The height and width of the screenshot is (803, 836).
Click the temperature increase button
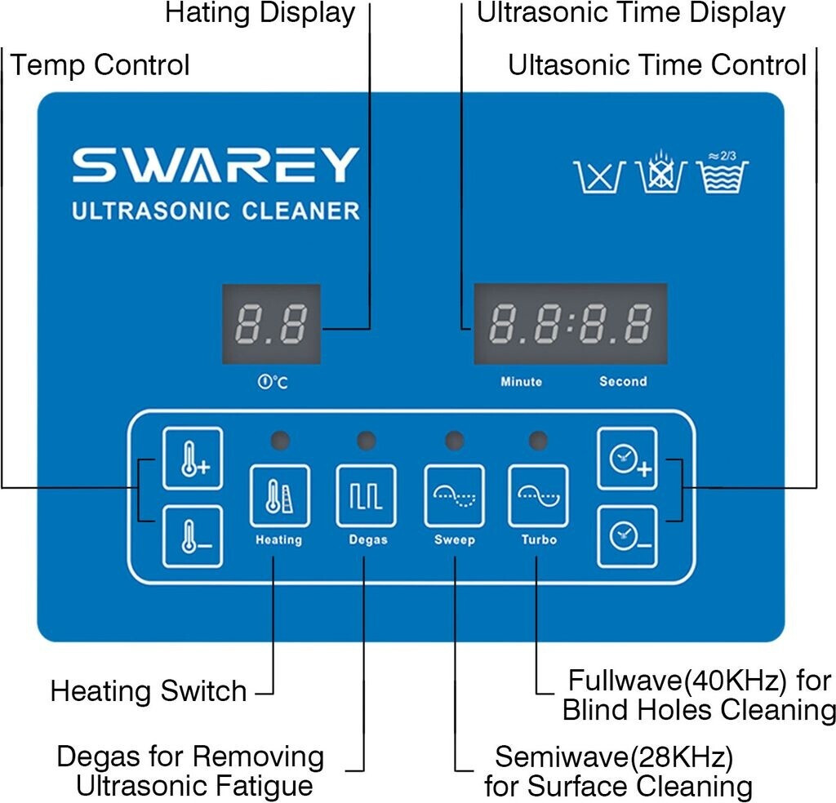click(x=192, y=459)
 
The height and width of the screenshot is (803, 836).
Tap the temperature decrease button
click(x=192, y=536)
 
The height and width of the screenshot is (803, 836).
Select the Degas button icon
click(x=367, y=495)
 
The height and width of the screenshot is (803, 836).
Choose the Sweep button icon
click(x=454, y=495)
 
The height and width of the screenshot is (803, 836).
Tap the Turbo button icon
click(x=538, y=495)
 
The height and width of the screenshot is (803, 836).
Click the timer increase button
click(x=627, y=459)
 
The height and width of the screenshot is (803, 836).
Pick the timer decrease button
click(x=627, y=536)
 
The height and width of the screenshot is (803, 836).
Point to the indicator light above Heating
click(x=279, y=441)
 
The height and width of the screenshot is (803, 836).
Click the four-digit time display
click(x=571, y=324)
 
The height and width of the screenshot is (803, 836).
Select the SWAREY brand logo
click(x=216, y=165)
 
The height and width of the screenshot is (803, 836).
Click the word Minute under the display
click(x=521, y=381)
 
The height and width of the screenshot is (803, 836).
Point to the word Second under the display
click(x=623, y=381)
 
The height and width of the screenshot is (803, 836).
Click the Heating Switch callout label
click(x=149, y=691)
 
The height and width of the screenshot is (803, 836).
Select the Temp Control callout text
click(x=100, y=65)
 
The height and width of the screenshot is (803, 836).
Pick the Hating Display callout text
click(x=260, y=13)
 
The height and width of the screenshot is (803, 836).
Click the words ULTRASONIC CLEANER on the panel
click(x=216, y=211)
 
